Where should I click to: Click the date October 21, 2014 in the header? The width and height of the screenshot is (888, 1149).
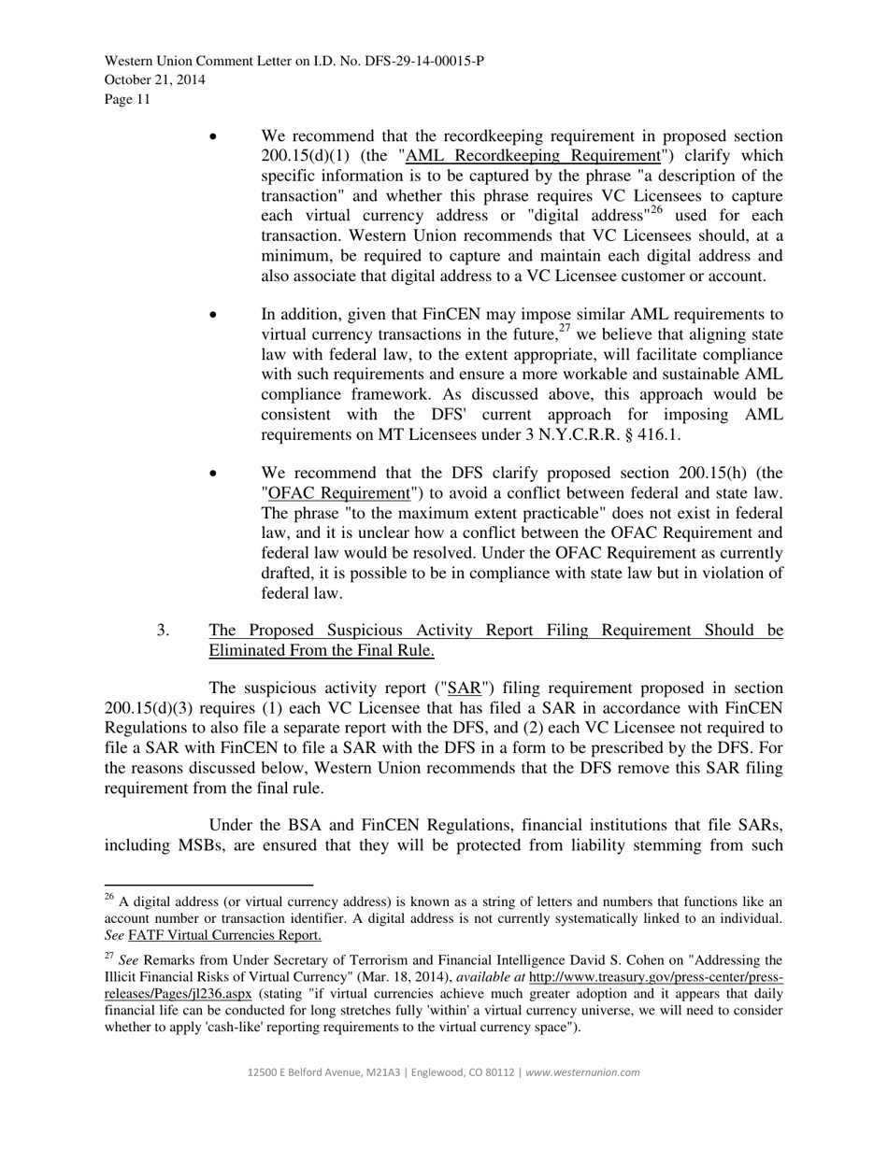(154, 80)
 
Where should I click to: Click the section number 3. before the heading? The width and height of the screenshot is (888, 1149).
(164, 631)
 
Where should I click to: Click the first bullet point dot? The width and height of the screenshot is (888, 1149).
(214, 136)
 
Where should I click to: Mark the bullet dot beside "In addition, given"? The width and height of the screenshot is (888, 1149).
(214, 315)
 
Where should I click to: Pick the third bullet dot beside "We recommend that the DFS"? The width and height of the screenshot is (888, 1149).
(214, 474)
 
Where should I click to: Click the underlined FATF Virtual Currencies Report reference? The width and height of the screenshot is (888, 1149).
(224, 935)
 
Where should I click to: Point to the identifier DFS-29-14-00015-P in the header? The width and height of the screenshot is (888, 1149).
(423, 62)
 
